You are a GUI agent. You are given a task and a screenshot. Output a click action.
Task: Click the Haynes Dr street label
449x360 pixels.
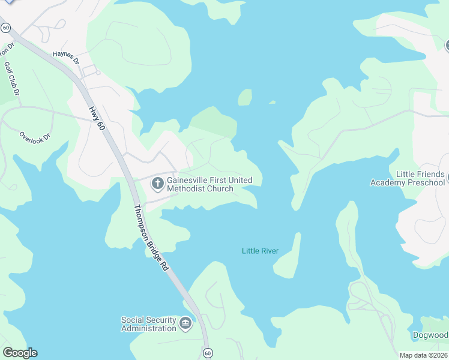click(x=66, y=57)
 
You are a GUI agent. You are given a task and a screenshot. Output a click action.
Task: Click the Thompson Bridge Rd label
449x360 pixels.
click(x=150, y=238)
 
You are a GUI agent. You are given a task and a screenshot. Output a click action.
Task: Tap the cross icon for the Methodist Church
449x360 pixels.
click(x=157, y=183)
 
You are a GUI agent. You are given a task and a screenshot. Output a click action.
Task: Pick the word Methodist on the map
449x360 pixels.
click(x=187, y=189)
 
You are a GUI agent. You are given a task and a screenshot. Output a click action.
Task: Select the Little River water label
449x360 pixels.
click(x=260, y=251)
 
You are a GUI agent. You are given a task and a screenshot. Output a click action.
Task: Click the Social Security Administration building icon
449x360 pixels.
click(x=185, y=325)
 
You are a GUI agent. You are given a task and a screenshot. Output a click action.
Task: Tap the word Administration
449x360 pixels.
click(x=149, y=328)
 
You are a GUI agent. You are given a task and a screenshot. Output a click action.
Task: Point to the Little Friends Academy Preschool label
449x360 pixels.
click(x=408, y=178)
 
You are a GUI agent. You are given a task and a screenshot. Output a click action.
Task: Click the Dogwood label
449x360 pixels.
click(x=430, y=335)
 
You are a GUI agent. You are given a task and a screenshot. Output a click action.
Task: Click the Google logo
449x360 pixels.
click(x=20, y=353)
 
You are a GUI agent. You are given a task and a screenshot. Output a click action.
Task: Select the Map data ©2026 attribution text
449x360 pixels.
click(x=423, y=355)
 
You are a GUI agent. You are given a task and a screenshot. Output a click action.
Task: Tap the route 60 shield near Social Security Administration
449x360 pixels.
click(x=207, y=353)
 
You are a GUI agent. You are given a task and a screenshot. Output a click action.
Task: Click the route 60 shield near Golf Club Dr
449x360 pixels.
click(x=5, y=28)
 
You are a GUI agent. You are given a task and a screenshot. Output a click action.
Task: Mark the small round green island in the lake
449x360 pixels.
click(x=245, y=97)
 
